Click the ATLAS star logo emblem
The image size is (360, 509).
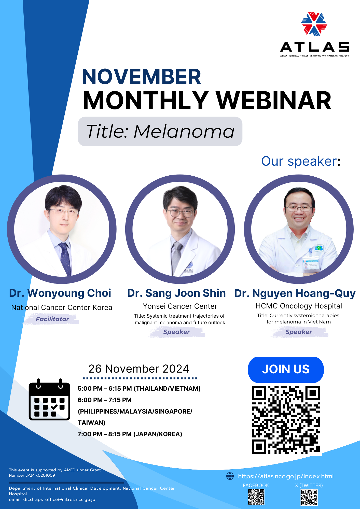pos(314,24)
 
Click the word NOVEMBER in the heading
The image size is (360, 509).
pos(142,77)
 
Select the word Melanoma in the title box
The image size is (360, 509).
pos(184,132)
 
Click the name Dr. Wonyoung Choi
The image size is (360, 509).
pos(60,293)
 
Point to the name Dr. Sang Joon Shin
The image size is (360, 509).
pos(176,293)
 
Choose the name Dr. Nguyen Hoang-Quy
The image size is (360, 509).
pos(295,293)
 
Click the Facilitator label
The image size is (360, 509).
pos(52,319)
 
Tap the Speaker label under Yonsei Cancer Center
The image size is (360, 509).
pos(176,332)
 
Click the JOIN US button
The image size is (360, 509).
pos(286,370)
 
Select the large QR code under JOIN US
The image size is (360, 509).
pos(286,420)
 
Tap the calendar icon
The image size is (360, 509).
pos(49,399)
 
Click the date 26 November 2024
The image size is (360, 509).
pos(139,369)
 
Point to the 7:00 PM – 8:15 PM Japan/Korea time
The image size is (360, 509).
pos(130,434)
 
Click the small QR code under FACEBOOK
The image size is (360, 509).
pos(256,497)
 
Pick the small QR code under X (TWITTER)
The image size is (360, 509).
pos(309,497)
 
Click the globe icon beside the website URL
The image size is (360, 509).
pos(230,476)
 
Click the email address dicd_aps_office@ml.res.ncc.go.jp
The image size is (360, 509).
pos(59,499)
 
